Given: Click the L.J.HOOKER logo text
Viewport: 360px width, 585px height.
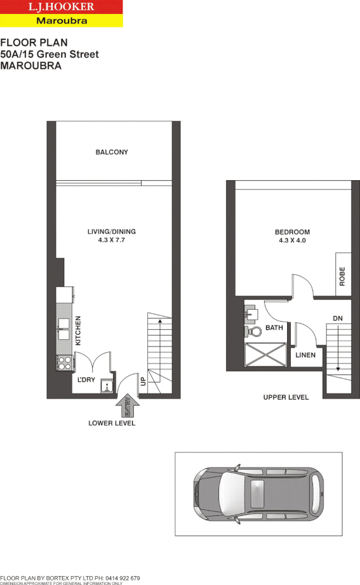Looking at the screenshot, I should [x=61, y=8].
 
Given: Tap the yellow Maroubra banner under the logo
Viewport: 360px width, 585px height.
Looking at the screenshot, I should [x=61, y=21].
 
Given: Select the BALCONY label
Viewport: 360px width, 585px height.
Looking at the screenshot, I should [x=112, y=152].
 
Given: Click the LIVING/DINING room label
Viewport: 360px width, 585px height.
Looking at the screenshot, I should [x=112, y=232].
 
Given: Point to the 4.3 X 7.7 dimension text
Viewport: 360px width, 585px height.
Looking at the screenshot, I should [x=112, y=240].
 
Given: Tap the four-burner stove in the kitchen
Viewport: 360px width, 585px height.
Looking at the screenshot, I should [x=64, y=363].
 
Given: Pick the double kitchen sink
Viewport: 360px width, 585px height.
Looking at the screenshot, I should [x=64, y=329].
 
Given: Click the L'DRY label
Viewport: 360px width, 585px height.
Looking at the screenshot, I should [x=86, y=380].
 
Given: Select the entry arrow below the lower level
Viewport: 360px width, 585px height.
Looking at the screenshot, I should [x=128, y=405].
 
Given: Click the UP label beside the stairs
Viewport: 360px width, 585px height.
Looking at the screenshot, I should [x=143, y=382].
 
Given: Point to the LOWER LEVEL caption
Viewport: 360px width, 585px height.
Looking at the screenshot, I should [x=112, y=423].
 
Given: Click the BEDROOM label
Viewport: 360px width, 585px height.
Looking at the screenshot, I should [x=292, y=232].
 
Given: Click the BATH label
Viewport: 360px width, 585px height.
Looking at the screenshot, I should [x=274, y=328].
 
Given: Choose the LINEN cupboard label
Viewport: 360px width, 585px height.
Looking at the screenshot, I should [x=305, y=355].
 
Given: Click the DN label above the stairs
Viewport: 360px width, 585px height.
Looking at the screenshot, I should [x=338, y=319].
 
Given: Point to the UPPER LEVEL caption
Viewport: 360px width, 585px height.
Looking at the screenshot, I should [x=286, y=398].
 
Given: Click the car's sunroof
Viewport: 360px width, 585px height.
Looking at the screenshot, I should [x=258, y=493].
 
